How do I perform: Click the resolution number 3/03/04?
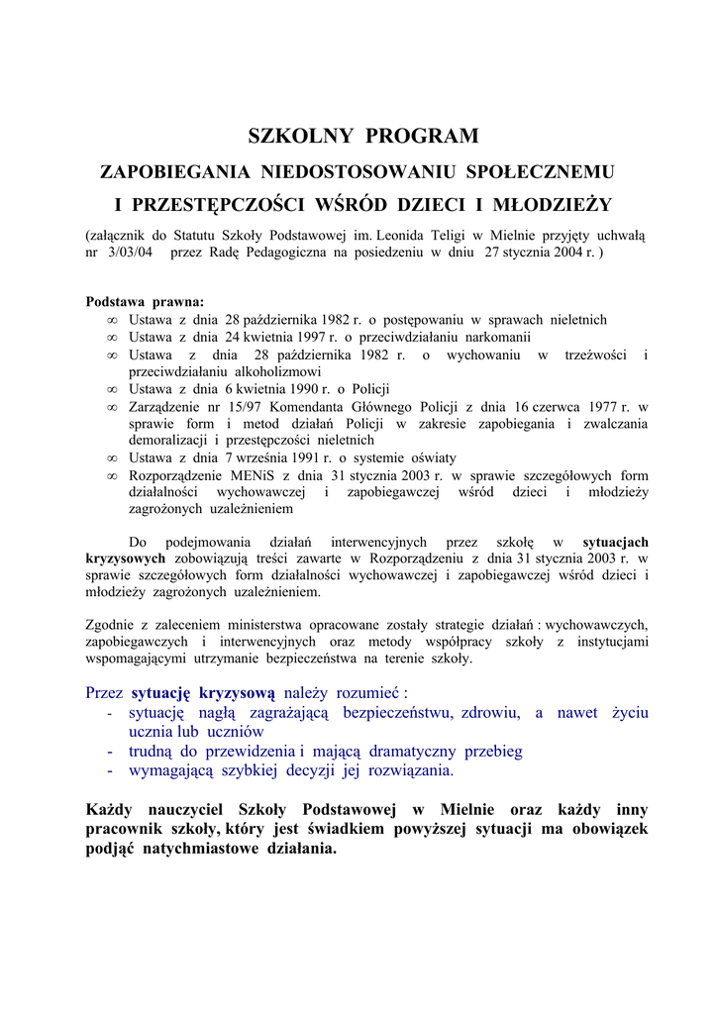[125, 253]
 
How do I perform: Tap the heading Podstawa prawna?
[145, 302]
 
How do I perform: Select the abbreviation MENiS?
[249, 475]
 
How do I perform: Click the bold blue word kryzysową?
[237, 692]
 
